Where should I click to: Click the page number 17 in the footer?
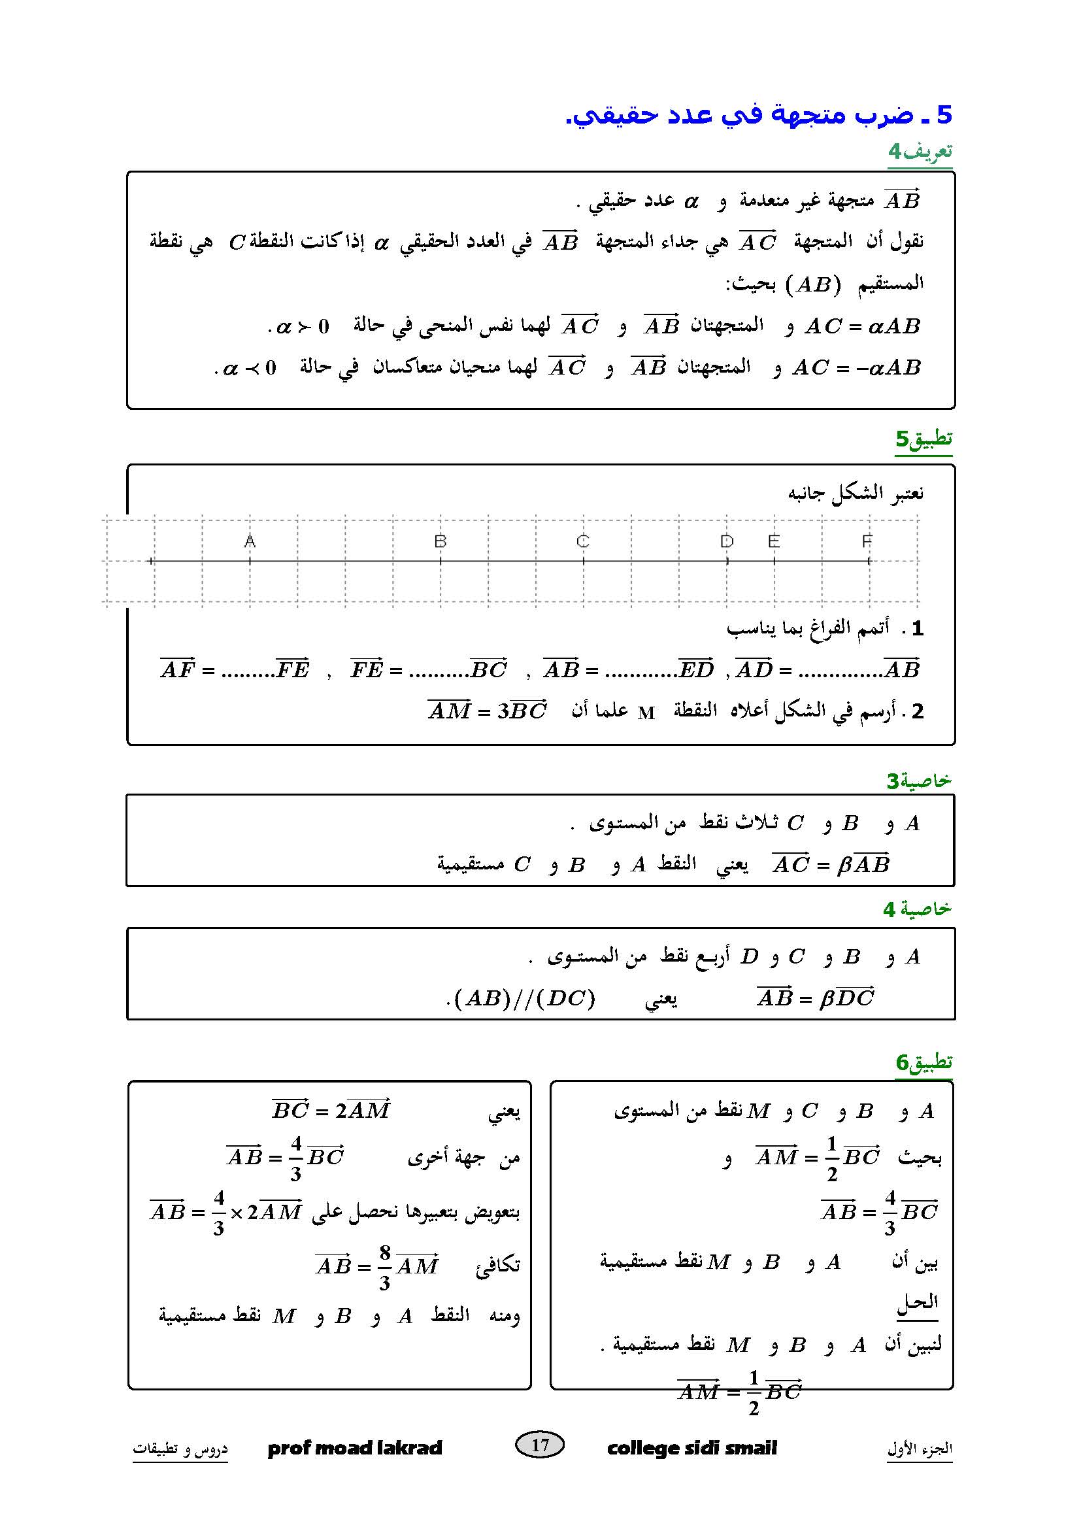540,1445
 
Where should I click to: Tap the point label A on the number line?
250,541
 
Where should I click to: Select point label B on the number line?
440,541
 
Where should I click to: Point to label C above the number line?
583,541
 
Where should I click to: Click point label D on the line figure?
726,541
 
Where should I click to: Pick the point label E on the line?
773,541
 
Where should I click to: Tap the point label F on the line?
867,541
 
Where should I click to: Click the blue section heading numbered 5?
759,115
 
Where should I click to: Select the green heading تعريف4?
920,152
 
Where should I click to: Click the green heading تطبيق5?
923,439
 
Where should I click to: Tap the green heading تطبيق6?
924,1062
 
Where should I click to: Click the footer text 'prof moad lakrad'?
355,1448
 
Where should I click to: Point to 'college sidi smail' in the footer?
691,1448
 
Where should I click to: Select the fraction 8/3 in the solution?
385,1265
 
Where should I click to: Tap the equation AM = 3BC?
488,711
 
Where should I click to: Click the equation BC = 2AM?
331,1110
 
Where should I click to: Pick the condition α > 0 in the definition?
303,326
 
